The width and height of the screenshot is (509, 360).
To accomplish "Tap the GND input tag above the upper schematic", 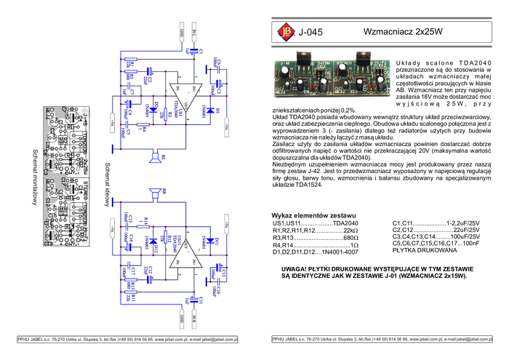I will coord(183,33).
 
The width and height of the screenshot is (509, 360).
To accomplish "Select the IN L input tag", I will coord(195,33).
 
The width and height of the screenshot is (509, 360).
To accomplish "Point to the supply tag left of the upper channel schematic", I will coord(112,124).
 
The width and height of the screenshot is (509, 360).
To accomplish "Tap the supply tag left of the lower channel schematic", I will coord(112,227).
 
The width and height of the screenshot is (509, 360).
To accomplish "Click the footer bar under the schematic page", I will coord(127,339).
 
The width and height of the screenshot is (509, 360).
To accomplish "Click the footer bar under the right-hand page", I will coord(381,339).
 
